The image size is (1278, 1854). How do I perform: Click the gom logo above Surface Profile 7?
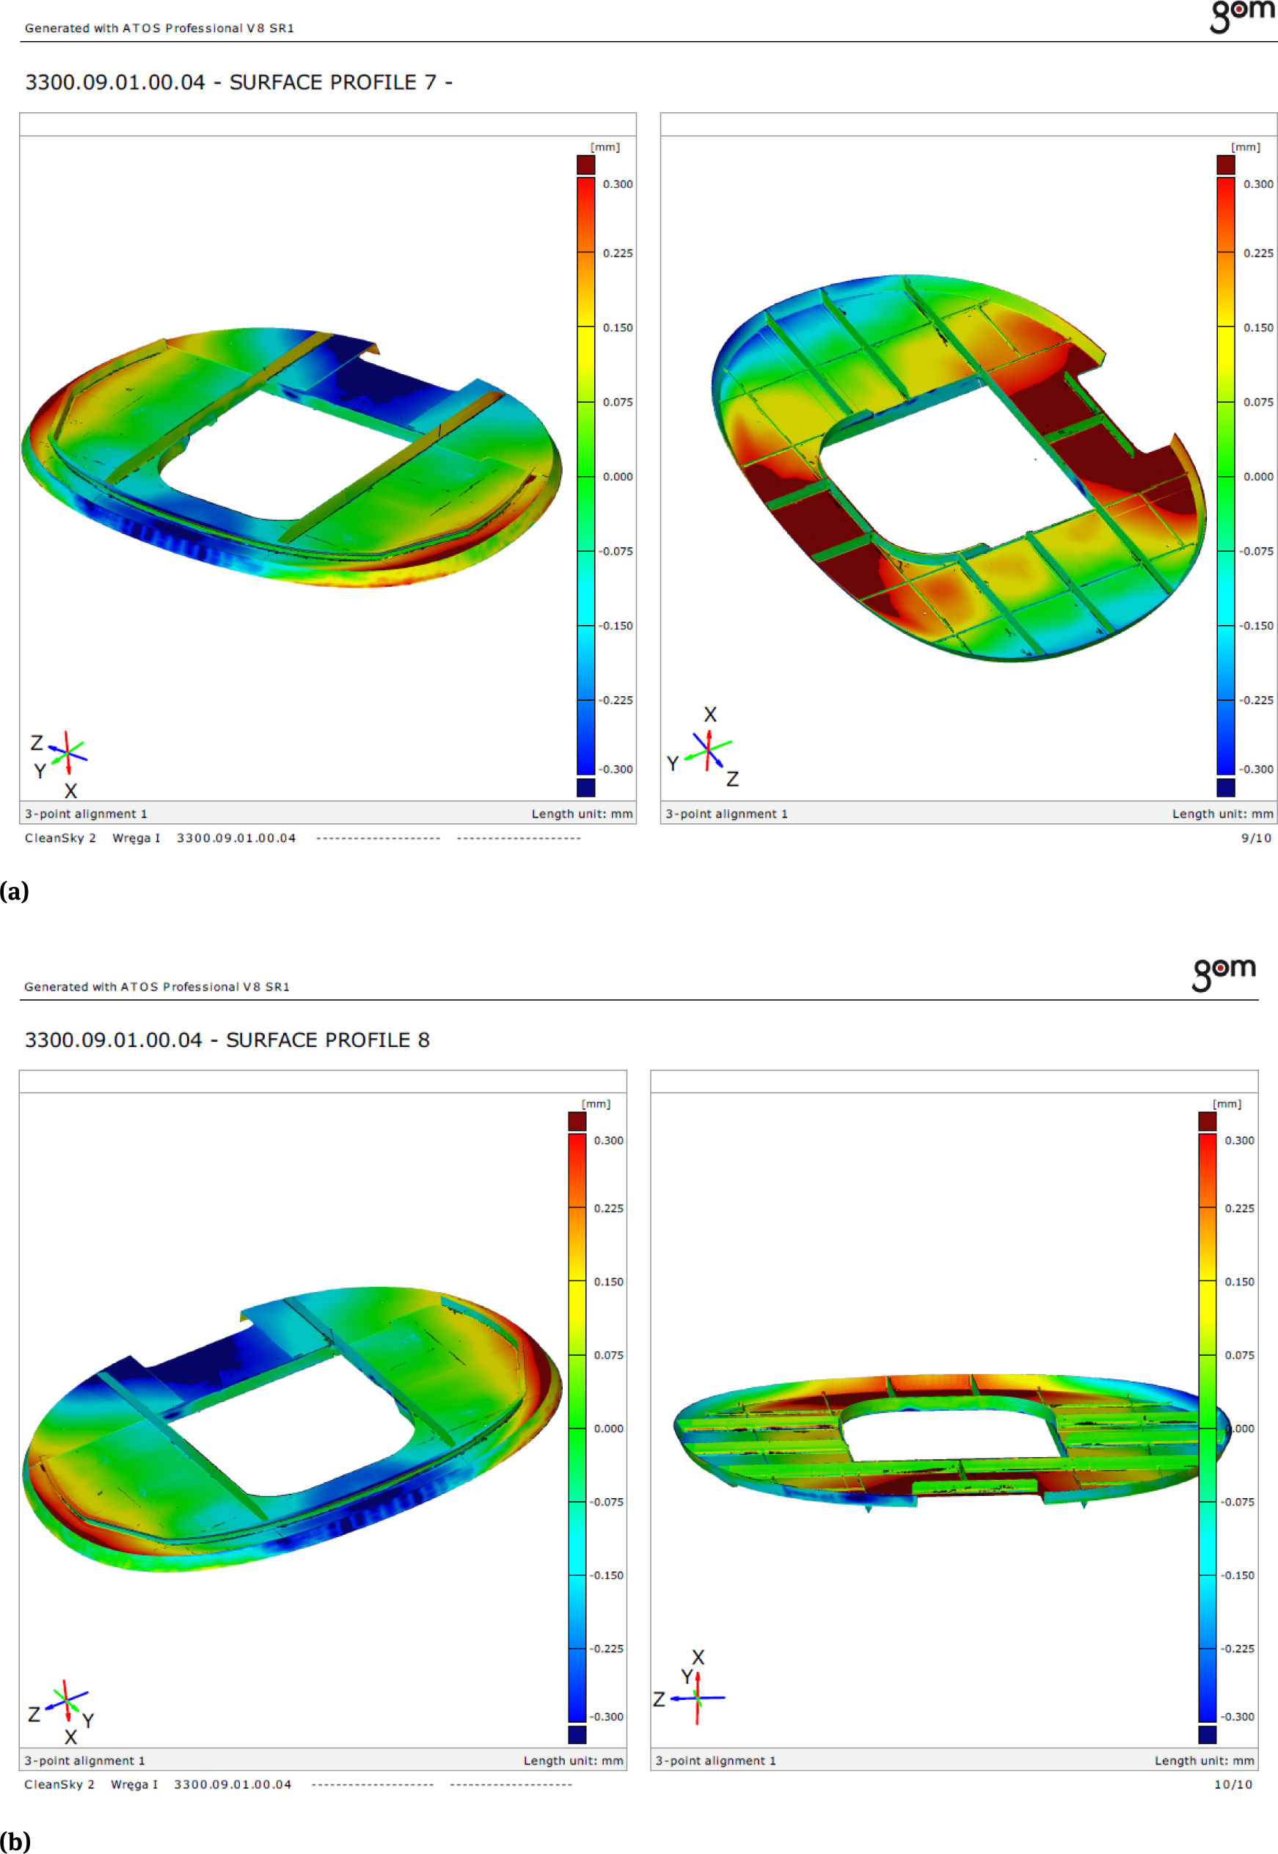point(1242,16)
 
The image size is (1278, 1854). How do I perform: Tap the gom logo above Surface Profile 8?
point(1224,973)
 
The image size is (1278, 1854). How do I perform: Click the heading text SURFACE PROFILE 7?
point(333,82)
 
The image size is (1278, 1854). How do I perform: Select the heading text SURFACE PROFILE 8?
point(327,1040)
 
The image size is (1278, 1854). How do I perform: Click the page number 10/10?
point(1233,1784)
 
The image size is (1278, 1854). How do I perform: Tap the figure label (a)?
point(15,891)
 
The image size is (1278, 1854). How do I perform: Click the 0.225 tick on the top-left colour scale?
point(618,253)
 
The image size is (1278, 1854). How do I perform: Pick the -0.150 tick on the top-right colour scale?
point(1257,626)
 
